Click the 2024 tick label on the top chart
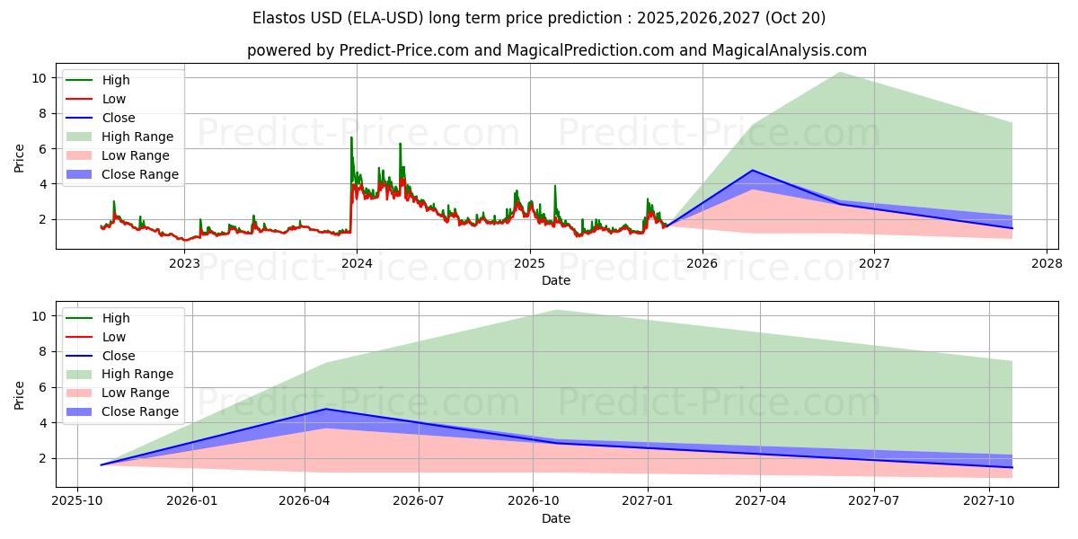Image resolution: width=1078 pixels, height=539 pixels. [357, 263]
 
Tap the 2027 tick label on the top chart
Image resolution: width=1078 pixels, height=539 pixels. [874, 263]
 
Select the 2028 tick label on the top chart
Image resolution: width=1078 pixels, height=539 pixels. [1047, 263]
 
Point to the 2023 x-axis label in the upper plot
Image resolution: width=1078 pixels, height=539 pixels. [184, 263]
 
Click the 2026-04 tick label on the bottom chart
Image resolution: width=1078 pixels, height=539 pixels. [305, 501]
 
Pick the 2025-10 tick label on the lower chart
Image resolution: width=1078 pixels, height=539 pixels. [77, 501]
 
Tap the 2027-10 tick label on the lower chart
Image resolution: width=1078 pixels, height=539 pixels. [989, 501]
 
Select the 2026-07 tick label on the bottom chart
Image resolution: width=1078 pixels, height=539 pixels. [420, 501]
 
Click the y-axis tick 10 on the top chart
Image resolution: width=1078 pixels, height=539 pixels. [38, 78]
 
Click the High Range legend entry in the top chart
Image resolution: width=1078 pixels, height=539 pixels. [137, 137]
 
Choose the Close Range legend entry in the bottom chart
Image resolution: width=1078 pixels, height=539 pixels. [139, 411]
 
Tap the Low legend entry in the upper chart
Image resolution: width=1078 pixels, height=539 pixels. [114, 99]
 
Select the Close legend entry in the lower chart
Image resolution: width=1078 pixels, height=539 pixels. [119, 356]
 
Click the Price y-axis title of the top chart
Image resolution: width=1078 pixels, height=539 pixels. [20, 157]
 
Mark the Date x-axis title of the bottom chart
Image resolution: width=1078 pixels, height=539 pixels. [556, 518]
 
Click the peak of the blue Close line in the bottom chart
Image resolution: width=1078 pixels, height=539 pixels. [325, 409]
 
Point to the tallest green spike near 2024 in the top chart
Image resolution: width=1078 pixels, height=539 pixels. [351, 137]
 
